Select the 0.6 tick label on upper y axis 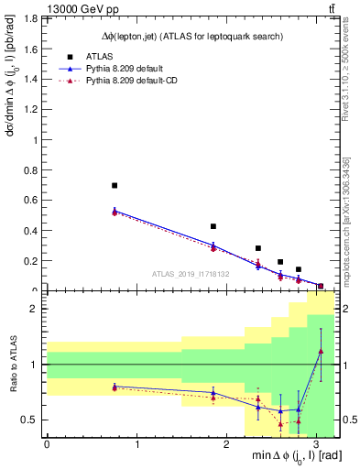34,201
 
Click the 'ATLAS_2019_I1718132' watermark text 191,273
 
